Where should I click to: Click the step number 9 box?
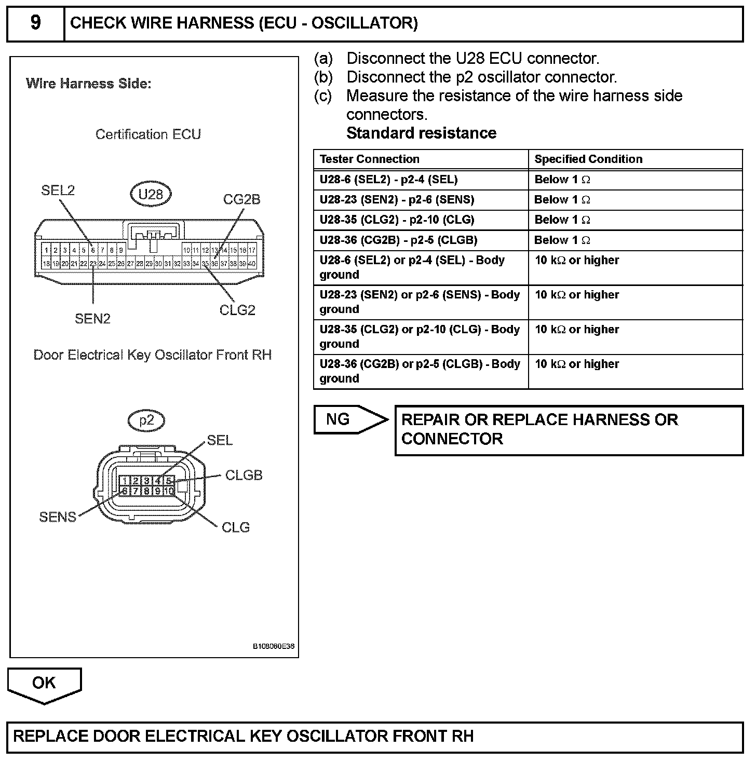35,23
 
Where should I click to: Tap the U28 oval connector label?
151,195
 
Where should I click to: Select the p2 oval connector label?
147,420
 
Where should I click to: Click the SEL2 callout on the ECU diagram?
58,190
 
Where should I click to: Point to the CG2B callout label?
241,199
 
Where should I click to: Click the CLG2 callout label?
237,310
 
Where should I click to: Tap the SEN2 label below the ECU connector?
92,319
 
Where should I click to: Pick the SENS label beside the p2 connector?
58,517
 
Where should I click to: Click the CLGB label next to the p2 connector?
244,475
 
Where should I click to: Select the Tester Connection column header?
369,159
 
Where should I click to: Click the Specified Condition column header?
588,159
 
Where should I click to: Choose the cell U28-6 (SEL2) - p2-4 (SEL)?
388,180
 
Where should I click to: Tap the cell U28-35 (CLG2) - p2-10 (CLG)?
397,220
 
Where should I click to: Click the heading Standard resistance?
421,133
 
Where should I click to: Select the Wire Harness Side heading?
88,84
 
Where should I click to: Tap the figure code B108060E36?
274,647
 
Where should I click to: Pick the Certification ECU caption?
148,134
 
